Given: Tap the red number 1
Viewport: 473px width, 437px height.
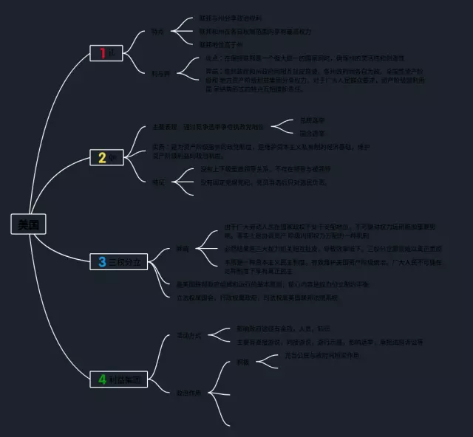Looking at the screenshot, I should point(102,53).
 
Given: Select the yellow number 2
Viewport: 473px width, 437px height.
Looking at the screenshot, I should point(102,157).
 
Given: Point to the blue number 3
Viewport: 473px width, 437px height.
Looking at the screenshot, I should point(102,261).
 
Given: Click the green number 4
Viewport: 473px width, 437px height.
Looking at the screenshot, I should point(102,379).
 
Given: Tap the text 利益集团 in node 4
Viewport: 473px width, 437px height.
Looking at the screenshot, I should point(126,379).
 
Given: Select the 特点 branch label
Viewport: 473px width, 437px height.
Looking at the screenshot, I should point(157,32).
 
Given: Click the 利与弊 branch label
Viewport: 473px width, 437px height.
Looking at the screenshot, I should point(160,74).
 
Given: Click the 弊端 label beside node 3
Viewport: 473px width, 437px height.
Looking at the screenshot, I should point(182,249).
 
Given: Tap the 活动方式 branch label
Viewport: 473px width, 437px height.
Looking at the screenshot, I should point(178,335).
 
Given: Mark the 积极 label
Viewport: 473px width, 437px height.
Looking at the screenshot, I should point(242,362).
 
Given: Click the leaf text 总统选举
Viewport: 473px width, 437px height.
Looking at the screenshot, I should point(311,119).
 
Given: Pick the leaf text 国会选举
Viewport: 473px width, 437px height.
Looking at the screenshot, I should point(311,134).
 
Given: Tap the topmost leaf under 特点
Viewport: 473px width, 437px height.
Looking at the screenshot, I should point(230,18).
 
